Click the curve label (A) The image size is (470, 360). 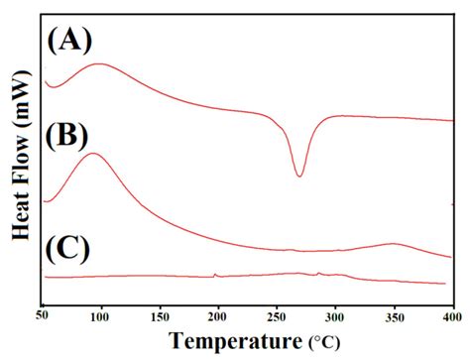coord(69,41)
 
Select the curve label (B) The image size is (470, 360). coord(69,133)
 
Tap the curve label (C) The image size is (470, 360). coord(69,248)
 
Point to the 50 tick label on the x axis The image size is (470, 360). coord(43,315)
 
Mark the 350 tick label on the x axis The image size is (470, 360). coord(393,315)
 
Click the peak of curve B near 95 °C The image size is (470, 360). coord(92,154)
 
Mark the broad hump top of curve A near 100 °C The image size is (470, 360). coord(99,64)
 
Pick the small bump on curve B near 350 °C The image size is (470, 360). coord(394,243)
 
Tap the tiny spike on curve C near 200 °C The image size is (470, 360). coord(215,274)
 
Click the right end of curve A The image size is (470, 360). coord(451,120)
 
